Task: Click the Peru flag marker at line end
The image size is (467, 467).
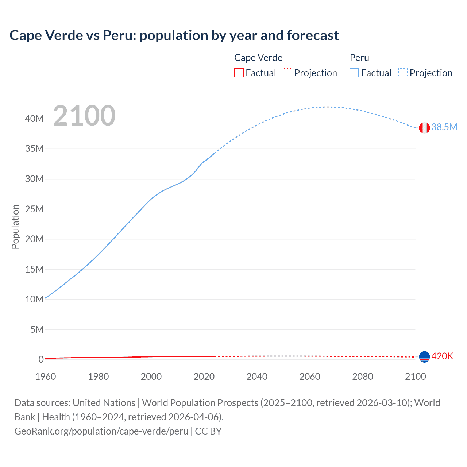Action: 424,128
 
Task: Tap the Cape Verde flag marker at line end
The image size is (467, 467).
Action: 424,356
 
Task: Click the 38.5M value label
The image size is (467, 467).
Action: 444,127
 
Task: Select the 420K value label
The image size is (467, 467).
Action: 442,356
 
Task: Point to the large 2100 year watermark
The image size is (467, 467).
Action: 84,116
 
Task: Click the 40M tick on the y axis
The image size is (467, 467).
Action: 34,119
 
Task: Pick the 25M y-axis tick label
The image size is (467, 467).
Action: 34,209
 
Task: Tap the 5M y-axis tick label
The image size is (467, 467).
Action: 36,329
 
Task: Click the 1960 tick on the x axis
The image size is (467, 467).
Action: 46,377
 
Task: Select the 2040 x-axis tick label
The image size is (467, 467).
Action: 257,377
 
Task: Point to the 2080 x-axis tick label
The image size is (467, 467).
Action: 363,377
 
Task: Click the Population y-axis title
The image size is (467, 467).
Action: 15,227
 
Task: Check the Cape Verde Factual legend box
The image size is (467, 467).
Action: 239,73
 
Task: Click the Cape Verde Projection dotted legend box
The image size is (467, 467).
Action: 287,73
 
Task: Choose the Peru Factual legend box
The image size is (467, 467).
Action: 354,73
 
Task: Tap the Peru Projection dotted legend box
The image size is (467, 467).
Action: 403,73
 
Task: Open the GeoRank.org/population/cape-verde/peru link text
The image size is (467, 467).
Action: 101,431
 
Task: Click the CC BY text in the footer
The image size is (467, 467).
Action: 208,431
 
